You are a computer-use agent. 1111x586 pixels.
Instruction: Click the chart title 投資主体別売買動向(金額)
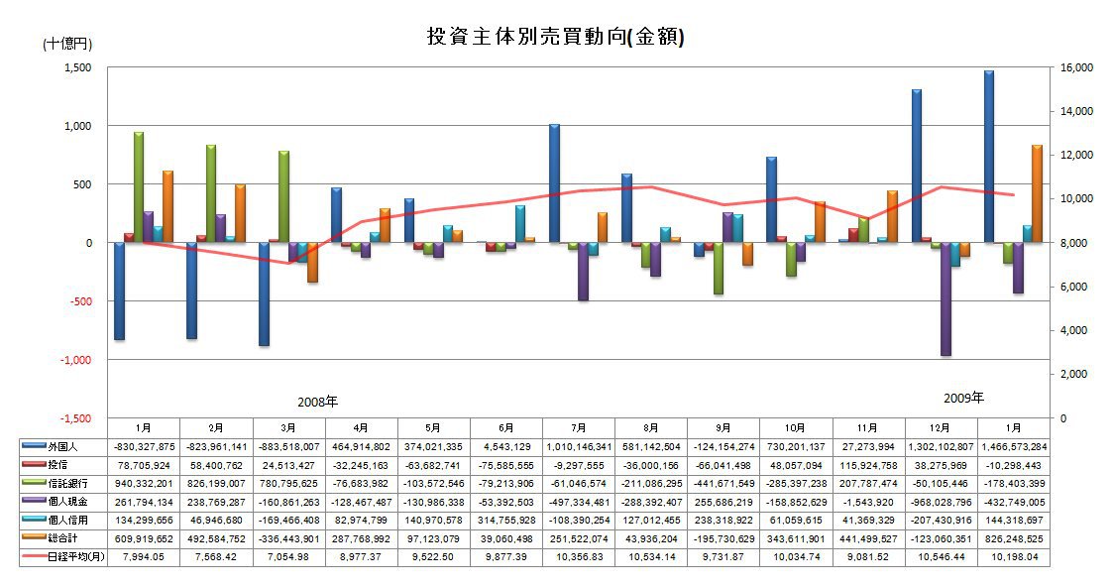point(555,37)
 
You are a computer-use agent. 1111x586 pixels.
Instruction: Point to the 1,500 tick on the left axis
point(77,67)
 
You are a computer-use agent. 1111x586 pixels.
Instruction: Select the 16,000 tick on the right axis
point(1074,67)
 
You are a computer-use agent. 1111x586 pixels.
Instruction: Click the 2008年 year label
point(317,403)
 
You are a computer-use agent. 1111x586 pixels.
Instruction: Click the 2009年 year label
point(963,399)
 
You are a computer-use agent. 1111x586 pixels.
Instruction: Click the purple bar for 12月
point(945,298)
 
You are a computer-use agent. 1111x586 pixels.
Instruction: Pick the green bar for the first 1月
point(139,187)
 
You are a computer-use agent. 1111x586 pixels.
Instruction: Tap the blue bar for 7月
point(555,183)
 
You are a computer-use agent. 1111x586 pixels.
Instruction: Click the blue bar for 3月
point(265,293)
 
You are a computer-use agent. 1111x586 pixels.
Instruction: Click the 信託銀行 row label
point(79,484)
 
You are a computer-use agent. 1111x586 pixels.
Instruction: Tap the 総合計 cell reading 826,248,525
point(1012,539)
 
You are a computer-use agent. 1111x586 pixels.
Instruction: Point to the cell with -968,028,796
point(940,503)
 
